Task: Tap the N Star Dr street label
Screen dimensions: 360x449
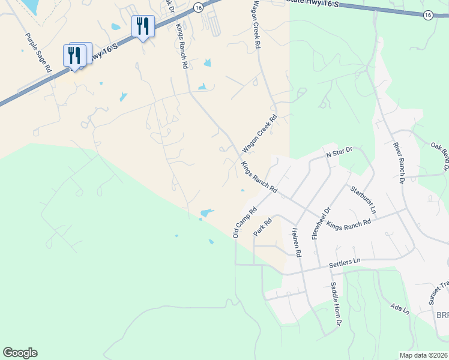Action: coord(338,154)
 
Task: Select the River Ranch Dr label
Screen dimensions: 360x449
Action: coord(400,162)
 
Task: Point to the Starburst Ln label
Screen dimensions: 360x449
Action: coord(363,200)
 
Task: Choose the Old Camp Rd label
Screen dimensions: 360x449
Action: coord(245,222)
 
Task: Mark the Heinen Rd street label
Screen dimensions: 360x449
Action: coord(295,242)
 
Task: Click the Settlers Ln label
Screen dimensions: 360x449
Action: coord(345,262)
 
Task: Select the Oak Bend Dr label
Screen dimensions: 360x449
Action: coord(440,148)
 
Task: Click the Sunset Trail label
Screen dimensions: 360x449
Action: coord(439,294)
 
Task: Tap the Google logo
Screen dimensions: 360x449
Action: coord(20,353)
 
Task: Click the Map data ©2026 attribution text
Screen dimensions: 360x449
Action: coord(423,355)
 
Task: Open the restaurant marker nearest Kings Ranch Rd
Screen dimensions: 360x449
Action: coord(143,27)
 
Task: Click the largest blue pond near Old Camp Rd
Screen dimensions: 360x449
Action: coord(206,212)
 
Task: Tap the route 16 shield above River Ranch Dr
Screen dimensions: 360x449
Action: coord(427,15)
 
